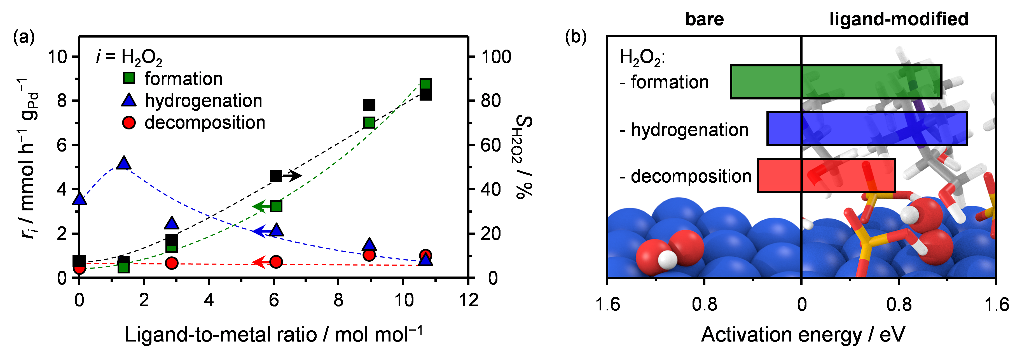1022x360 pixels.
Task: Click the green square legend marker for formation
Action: click(128, 78)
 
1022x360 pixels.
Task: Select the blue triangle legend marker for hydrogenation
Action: click(128, 100)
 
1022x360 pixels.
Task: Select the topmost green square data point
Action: click(425, 84)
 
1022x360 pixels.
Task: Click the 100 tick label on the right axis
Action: click(496, 57)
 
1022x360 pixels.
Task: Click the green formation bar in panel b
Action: click(836, 82)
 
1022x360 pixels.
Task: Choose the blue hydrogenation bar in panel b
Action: click(867, 129)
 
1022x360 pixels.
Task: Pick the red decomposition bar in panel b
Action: click(826, 175)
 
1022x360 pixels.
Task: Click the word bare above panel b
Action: click(704, 19)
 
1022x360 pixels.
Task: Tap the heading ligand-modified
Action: click(899, 19)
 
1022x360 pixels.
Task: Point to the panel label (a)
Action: click(24, 38)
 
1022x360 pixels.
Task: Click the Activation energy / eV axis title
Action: click(803, 334)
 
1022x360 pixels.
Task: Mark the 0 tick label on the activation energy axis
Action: click(802, 305)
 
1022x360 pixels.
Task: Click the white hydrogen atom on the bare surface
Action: click(667, 260)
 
